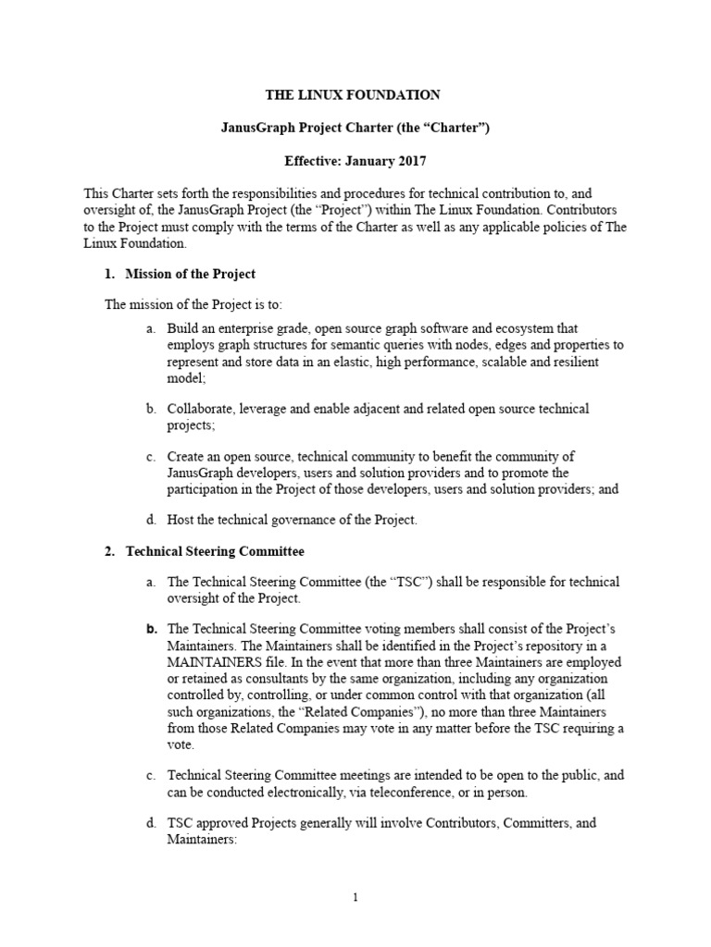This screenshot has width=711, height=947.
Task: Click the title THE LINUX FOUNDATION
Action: click(353, 94)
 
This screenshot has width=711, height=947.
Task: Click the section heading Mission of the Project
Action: click(190, 274)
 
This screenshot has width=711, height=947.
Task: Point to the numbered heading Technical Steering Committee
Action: click(215, 551)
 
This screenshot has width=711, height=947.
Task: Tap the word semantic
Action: click(356, 344)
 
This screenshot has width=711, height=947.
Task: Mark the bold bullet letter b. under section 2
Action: click(151, 630)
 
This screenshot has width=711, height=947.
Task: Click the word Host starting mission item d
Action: click(181, 520)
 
